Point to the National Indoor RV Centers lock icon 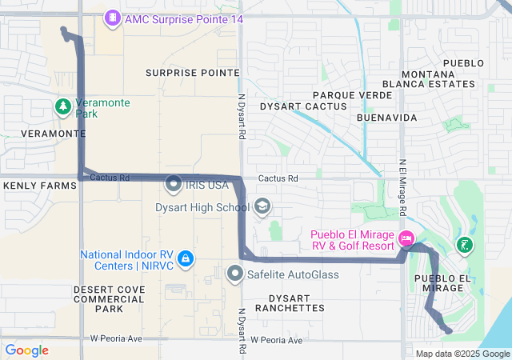(x=186, y=258)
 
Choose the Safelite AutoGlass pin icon (x=234, y=274)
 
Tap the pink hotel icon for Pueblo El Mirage (x=406, y=238)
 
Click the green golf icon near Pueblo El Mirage (x=463, y=245)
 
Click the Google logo (x=26, y=350)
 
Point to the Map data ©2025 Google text (x=462, y=354)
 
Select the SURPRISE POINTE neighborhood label (x=192, y=72)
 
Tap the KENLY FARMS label (x=34, y=185)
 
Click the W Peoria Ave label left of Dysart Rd (x=116, y=339)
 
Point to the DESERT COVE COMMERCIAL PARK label (x=109, y=298)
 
